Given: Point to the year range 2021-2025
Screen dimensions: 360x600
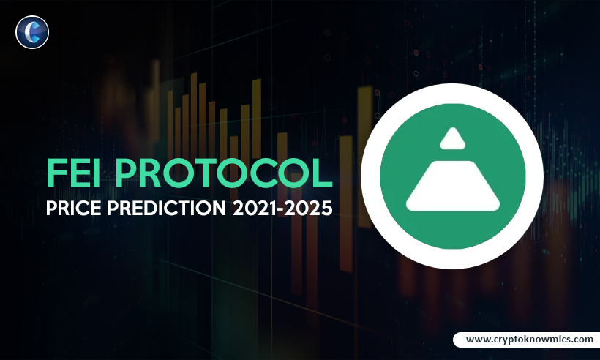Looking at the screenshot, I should pyautogui.click(x=285, y=209).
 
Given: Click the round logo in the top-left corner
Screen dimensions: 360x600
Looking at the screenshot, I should pyautogui.click(x=32, y=32).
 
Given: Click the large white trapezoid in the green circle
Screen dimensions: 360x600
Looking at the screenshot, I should pyautogui.click(x=452, y=183).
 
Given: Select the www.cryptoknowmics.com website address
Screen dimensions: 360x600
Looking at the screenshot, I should pyautogui.click(x=529, y=340).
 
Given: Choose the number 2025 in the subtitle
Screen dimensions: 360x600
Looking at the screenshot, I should pyautogui.click(x=313, y=209).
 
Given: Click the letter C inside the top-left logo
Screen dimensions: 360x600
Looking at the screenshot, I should pyautogui.click(x=31, y=32).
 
